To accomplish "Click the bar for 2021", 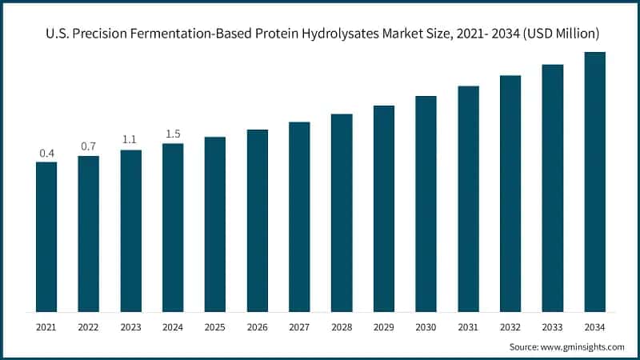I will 46,237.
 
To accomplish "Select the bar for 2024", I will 173,227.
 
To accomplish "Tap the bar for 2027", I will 299,217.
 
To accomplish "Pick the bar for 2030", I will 426,204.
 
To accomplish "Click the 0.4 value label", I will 46,153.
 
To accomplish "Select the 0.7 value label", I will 89,146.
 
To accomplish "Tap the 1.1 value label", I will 130,140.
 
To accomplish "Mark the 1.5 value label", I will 173,134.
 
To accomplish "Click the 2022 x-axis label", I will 89,327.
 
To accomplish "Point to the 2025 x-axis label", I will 215,327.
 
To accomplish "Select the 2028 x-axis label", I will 342,327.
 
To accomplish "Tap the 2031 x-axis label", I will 468,327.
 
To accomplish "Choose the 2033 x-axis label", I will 552,327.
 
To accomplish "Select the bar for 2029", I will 384,209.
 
